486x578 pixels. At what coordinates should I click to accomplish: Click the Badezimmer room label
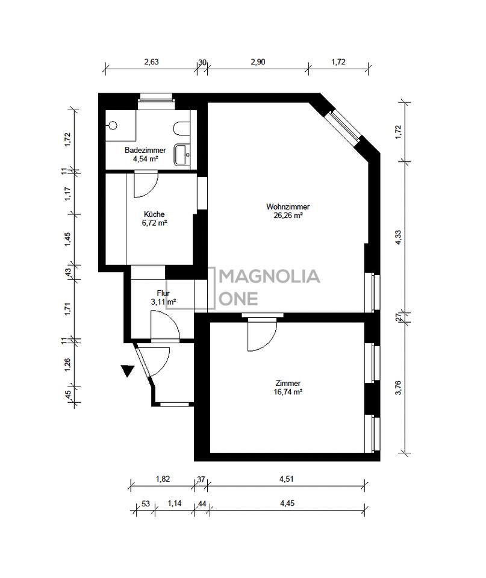tap(145, 151)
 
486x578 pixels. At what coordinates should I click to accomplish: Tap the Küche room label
tap(154, 214)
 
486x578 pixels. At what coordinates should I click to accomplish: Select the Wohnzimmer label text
tap(288, 207)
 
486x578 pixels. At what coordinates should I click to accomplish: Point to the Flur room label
tap(163, 293)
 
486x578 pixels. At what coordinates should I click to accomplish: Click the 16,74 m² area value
tap(288, 392)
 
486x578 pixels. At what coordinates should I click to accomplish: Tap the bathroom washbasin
tap(182, 155)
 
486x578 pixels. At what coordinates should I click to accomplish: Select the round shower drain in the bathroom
tap(113, 126)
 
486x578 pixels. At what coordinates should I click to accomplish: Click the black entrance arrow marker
tap(128, 370)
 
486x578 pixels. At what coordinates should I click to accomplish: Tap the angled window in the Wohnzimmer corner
tap(344, 126)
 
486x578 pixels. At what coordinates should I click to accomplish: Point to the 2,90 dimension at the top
tap(258, 62)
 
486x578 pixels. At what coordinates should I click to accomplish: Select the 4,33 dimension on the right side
tap(398, 237)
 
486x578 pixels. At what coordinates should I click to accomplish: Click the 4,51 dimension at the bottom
tap(286, 479)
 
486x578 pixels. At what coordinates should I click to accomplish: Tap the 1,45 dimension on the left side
tap(67, 240)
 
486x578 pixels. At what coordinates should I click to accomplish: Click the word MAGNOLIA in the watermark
tap(270, 276)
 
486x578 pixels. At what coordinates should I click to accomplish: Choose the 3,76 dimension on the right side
tap(398, 388)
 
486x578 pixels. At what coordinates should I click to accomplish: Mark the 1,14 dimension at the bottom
tap(175, 503)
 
